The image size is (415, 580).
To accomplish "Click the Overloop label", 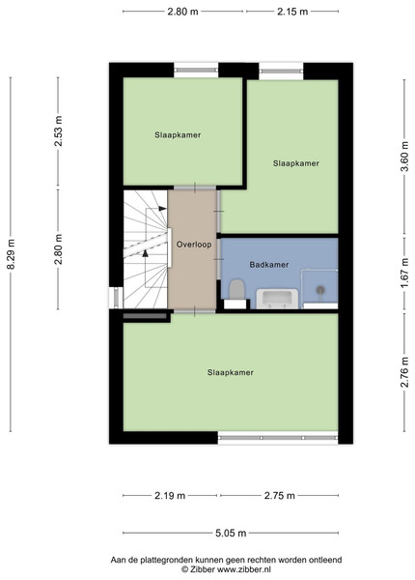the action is pos(194,245).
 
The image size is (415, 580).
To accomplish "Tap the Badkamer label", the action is pos(269,265).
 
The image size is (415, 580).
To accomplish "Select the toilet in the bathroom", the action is pos(236,289).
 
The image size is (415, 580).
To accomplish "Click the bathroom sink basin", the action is pos(277,299).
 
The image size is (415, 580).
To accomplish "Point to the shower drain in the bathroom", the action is pos(320,290).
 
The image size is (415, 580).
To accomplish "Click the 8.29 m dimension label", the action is pos(11,254).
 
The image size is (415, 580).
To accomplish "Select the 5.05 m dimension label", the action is pos(231,533).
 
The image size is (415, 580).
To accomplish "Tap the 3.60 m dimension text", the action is pos(404,157).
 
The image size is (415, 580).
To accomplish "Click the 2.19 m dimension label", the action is pos(170,495).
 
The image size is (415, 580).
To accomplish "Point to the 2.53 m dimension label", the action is pos(58,130).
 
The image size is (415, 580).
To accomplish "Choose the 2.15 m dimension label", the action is pos(292,12).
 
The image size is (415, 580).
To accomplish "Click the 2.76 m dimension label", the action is pos(404,372).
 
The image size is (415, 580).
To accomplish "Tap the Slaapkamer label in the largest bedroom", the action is pos(231,372).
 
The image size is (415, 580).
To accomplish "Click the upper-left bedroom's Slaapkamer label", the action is pos(178,135).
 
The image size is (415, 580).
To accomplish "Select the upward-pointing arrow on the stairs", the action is pos(145,253).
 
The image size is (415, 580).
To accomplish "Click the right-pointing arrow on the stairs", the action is pos(162,209).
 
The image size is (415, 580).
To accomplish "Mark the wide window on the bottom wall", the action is pos(278,438).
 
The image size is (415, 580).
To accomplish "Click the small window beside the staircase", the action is pos(117,298).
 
